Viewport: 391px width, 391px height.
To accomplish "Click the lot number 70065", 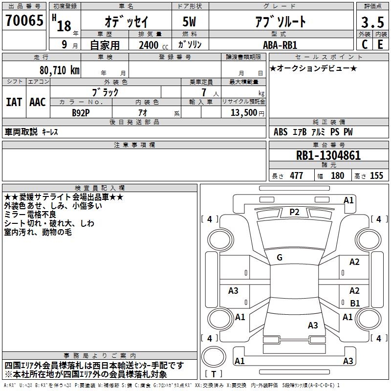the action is [x=24, y=21].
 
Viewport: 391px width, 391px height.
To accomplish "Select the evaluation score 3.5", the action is [x=372, y=22].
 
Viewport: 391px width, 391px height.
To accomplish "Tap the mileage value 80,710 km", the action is [x=59, y=70].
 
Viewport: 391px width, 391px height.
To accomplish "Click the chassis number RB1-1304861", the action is [x=328, y=155].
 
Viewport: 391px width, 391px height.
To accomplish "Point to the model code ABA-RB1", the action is [x=280, y=45].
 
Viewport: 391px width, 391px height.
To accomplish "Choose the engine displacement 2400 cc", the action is [x=153, y=45].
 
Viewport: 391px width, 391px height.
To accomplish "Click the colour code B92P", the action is [x=81, y=113].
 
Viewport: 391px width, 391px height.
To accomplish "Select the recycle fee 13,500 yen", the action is [x=247, y=113].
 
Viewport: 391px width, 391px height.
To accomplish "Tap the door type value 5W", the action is [x=189, y=22].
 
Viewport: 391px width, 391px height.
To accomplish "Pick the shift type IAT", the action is [x=14, y=102].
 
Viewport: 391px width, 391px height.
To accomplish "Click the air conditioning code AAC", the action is [x=38, y=102].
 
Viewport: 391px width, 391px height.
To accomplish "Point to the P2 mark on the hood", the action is [x=294, y=212].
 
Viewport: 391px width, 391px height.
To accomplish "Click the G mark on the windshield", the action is [x=280, y=258].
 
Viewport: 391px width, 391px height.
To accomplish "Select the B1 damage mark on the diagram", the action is [x=355, y=303].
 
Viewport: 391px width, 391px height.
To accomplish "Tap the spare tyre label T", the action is [x=214, y=374].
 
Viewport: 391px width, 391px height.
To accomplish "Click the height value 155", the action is [x=376, y=175].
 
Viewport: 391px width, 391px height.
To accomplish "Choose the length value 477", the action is [x=296, y=175].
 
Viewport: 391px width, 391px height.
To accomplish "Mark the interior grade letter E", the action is [x=380, y=44].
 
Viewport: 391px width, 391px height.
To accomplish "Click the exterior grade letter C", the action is [x=365, y=44].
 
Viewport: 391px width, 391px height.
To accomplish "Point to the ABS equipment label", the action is [x=281, y=132].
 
